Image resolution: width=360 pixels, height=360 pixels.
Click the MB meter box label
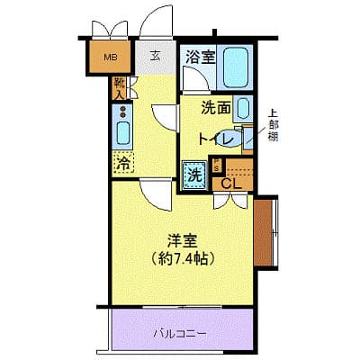[x=110, y=59]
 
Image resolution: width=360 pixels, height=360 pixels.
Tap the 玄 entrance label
[x=155, y=57]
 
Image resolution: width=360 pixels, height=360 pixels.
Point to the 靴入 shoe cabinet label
[x=120, y=87]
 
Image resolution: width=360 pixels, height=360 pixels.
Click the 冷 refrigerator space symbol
[x=121, y=164]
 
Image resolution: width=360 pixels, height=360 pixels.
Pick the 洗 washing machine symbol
[x=193, y=173]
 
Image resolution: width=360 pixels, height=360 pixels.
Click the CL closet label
[x=230, y=184]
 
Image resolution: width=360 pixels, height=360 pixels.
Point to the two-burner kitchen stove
[x=122, y=112]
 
